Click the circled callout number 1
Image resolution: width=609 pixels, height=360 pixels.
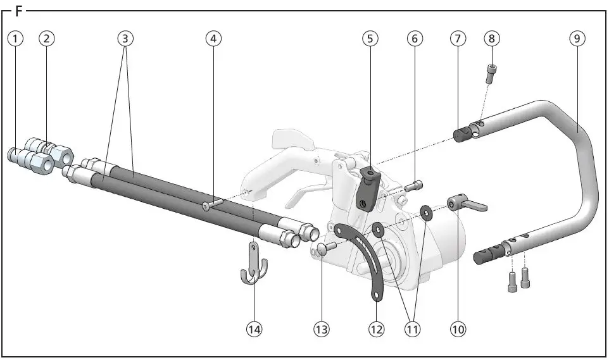pyautogui.click(x=16, y=38)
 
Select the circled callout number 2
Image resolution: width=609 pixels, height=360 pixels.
pyautogui.click(x=47, y=38)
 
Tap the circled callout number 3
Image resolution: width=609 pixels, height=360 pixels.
pyautogui.click(x=125, y=38)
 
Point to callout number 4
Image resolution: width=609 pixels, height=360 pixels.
pyautogui.click(x=214, y=38)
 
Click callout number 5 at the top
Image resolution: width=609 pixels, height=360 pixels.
pyautogui.click(x=370, y=38)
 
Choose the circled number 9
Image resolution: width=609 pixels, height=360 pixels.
pyautogui.click(x=575, y=38)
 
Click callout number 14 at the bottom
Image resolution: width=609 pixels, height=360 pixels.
pyautogui.click(x=254, y=329)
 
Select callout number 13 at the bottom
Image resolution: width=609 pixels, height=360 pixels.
pyautogui.click(x=321, y=329)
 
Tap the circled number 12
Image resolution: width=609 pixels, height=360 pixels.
pyautogui.click(x=377, y=329)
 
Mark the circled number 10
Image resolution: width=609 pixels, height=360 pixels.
pyautogui.click(x=458, y=329)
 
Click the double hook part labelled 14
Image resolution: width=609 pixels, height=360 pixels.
pyautogui.click(x=254, y=266)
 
